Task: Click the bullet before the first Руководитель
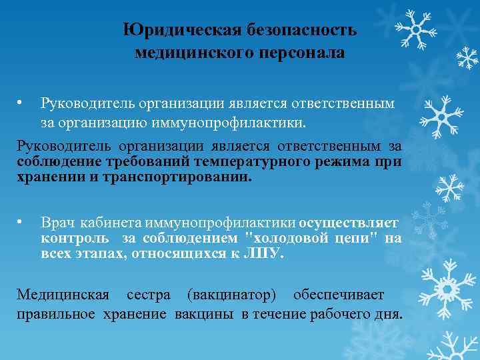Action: point(21,103)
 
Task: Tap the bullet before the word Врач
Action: point(21,221)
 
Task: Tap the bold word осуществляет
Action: point(349,223)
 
